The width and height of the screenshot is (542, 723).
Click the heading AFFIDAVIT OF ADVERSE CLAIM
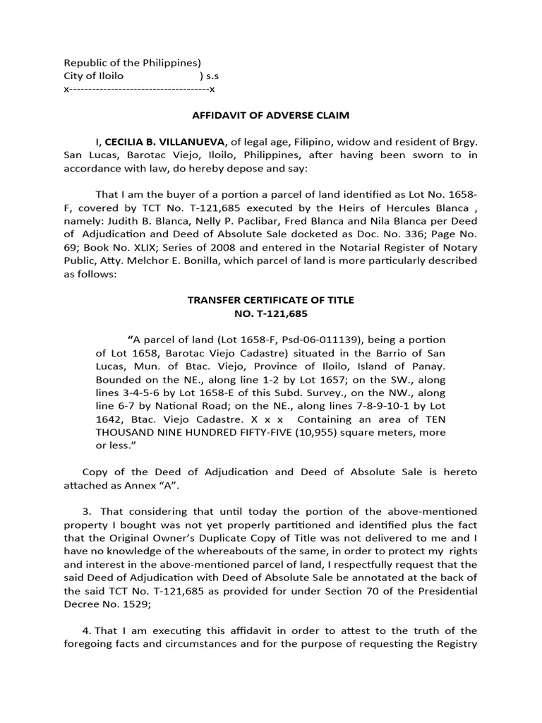(271, 115)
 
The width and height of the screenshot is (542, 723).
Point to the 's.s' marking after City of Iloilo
(212, 76)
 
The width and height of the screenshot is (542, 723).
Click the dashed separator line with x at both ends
(139, 90)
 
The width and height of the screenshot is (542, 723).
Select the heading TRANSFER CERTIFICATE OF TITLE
(271, 300)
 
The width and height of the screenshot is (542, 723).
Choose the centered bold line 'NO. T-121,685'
(271, 313)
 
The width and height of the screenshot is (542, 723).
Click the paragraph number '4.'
(88, 631)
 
